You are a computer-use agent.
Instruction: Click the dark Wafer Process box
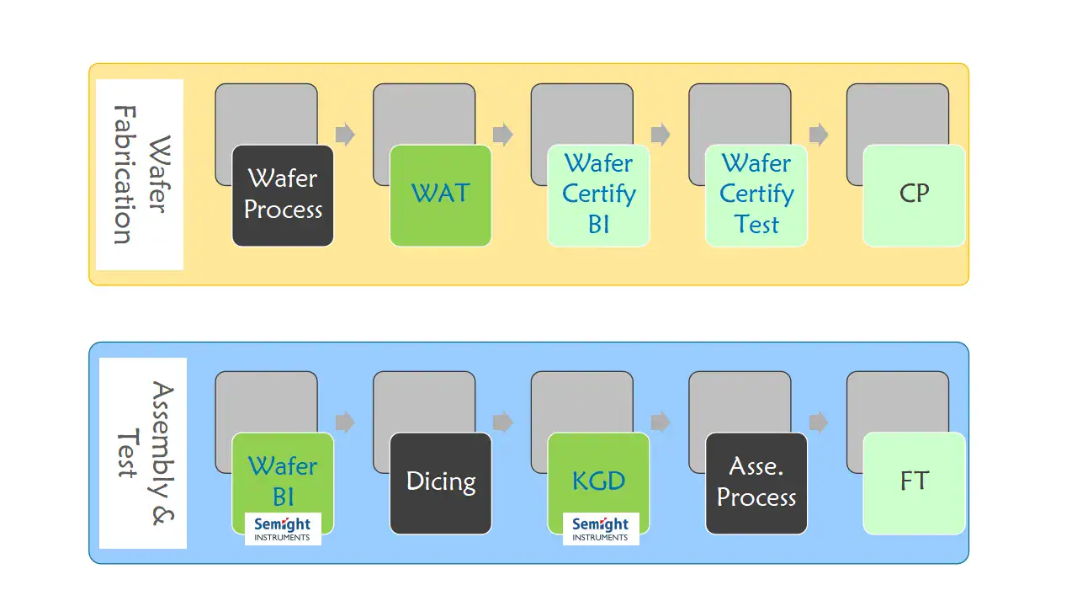pos(283,195)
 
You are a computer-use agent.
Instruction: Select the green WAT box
pos(441,195)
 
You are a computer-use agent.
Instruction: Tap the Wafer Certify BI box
pos(598,195)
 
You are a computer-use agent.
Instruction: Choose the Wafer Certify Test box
pos(756,195)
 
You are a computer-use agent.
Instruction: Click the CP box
pos(914,195)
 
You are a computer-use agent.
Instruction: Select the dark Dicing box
pos(441,483)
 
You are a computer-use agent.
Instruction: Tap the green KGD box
pos(598,476)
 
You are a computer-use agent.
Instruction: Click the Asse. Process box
pos(756,483)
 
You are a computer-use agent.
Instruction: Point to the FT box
pos(914,483)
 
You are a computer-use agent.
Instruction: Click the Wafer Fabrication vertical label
pos(139,175)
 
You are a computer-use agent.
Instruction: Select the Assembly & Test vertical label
pos(142,453)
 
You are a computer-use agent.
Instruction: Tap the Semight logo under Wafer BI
pos(283,529)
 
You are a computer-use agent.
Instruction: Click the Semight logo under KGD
pos(601,529)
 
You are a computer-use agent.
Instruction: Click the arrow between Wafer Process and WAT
pos(345,135)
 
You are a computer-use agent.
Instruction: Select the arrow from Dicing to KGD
pos(503,422)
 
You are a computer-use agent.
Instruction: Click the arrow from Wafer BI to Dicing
pos(345,422)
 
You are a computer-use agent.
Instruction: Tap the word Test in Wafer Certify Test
pos(756,226)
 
